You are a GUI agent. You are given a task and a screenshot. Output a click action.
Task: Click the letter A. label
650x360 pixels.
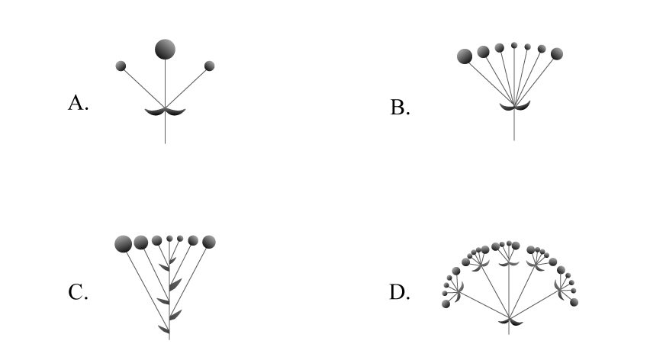78,103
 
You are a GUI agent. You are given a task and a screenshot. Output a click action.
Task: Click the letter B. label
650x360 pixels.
400,108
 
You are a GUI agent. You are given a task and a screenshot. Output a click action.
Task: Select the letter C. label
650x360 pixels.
78,292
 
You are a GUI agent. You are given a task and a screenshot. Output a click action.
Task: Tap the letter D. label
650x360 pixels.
400,292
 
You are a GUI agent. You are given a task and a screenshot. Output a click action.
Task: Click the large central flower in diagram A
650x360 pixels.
165,50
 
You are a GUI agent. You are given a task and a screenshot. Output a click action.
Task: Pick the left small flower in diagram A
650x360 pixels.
121,66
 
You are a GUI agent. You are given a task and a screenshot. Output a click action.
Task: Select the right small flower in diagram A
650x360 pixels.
210,66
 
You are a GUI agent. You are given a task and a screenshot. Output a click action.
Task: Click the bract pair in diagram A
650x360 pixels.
165,112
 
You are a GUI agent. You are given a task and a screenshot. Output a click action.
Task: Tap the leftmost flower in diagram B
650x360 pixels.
465,56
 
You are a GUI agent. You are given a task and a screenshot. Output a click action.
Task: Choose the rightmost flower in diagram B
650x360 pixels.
557,53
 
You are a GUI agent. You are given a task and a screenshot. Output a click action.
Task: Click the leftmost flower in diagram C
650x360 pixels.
123,244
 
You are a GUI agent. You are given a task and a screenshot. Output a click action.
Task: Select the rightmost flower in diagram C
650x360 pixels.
209,242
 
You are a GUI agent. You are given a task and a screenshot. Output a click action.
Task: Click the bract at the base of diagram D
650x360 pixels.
509,323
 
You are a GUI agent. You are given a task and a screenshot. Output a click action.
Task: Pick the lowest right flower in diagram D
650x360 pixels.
574,303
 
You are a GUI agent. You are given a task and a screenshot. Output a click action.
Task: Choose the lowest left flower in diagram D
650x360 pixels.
446,304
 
